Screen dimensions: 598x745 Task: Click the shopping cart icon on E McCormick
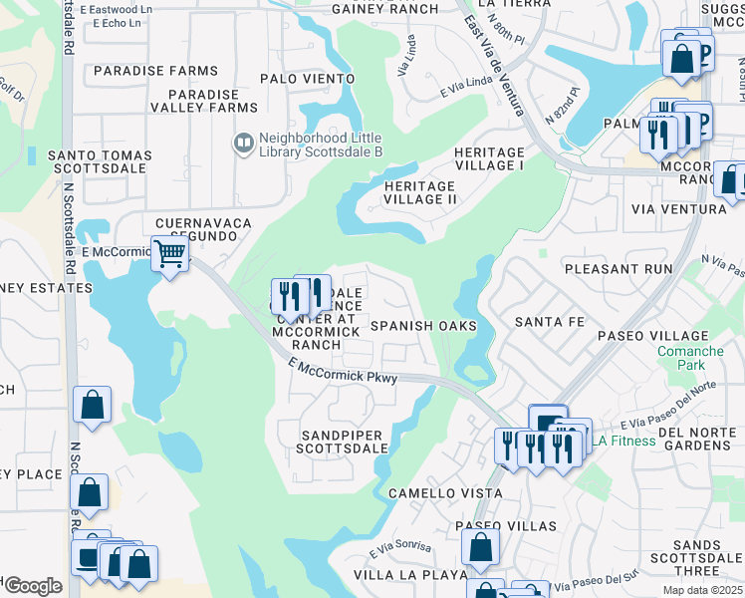click(x=169, y=255)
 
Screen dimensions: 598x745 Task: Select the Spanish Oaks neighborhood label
click(x=423, y=326)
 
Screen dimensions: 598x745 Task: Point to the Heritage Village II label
click(x=419, y=192)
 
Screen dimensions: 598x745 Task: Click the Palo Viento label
click(x=307, y=78)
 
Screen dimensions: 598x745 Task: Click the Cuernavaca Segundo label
click(x=202, y=229)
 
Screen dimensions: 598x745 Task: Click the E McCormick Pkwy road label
click(x=345, y=372)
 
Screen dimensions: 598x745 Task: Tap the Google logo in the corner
click(x=32, y=586)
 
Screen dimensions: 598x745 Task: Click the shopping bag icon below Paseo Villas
click(x=480, y=546)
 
